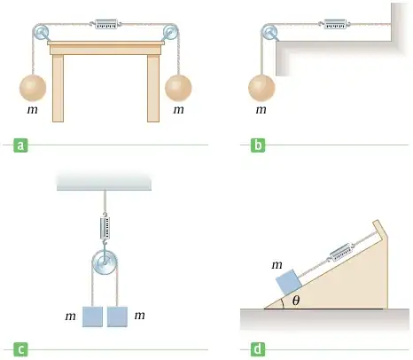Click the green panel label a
pyautogui.click(x=20, y=145)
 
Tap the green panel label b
pyautogui.click(x=258, y=145)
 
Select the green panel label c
pyautogui.click(x=20, y=350)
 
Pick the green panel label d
pyautogui.click(x=258, y=349)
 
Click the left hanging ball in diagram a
pyautogui.click(x=33, y=88)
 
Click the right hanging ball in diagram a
pyautogui.click(x=178, y=88)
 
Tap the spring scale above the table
pyautogui.click(x=106, y=24)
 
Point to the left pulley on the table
pyautogui.click(x=41, y=32)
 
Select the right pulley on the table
pyautogui.click(x=170, y=32)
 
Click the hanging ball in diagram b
pyautogui.click(x=261, y=88)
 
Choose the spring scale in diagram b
pyautogui.click(x=335, y=24)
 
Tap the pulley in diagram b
pyautogui.click(x=269, y=32)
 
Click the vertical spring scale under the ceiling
pyautogui.click(x=105, y=228)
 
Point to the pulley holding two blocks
pyautogui.click(x=105, y=262)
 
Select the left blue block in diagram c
pyautogui.click(x=92, y=317)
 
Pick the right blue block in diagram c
pyautogui.click(x=117, y=317)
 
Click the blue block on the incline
pyautogui.click(x=289, y=282)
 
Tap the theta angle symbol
pyautogui.click(x=296, y=301)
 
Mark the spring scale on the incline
pyautogui.click(x=340, y=253)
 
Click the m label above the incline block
pyautogui.click(x=277, y=265)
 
